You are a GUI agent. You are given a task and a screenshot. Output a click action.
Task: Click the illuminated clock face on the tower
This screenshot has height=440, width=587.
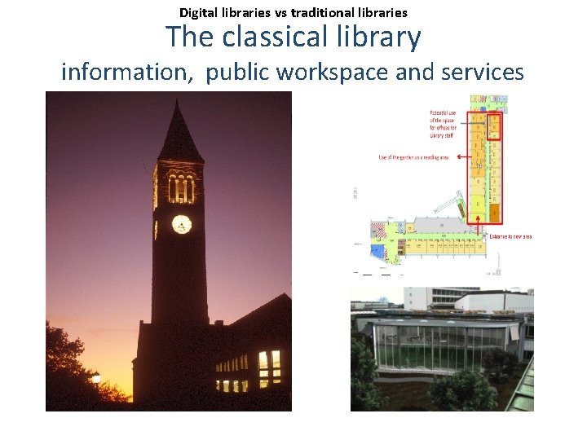[x=182, y=224]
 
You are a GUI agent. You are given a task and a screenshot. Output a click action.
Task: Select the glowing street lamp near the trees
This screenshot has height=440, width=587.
[x=96, y=377]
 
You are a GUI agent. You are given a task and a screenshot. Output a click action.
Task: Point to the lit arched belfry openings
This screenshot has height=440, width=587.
[x=181, y=189]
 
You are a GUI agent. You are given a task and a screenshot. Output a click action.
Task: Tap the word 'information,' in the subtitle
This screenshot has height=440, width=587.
[x=127, y=72]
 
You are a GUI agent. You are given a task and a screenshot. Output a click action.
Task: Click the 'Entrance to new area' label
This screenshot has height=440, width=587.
[x=510, y=236]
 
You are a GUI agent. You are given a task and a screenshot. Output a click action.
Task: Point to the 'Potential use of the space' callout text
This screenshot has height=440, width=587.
[x=443, y=126]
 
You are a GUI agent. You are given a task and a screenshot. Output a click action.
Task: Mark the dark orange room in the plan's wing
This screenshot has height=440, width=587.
[x=494, y=213]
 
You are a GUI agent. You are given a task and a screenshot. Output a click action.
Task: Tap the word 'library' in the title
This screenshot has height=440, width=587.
[x=382, y=37]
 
